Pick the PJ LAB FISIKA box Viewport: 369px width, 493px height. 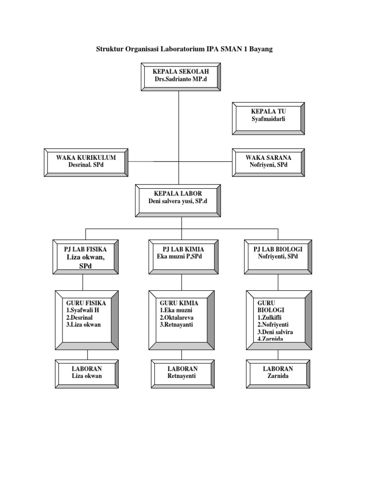point(85,257)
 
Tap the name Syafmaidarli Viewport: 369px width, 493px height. point(268,119)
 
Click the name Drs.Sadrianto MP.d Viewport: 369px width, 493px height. point(181,79)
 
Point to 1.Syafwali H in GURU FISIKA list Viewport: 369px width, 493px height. point(83,310)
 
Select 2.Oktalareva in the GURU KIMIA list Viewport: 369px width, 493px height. point(177,318)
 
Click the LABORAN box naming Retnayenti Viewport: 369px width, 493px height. point(183,373)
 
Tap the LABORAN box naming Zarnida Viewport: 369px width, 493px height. point(278,373)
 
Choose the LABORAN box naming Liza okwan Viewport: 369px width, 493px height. point(87,373)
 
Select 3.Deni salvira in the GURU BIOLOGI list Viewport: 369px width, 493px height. point(275,332)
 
